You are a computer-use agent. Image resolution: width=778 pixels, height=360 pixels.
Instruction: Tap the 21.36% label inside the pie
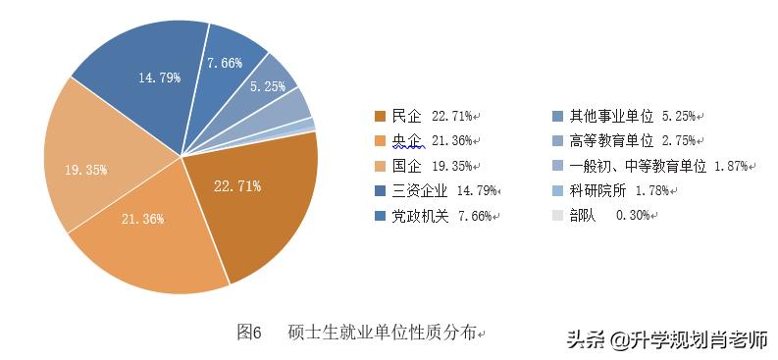(144, 219)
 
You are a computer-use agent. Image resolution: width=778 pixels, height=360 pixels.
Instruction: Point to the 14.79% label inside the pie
(159, 77)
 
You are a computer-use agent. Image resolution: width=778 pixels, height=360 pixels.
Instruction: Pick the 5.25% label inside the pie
(268, 86)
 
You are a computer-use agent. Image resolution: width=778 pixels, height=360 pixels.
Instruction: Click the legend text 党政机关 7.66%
(442, 216)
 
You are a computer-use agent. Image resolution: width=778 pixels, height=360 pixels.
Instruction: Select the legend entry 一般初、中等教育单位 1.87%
(648, 166)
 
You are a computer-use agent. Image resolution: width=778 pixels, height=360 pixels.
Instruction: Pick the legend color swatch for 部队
(558, 216)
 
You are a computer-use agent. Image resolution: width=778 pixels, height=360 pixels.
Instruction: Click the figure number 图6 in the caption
(249, 333)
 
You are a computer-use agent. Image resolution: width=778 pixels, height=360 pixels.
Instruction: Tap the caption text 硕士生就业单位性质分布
(382, 333)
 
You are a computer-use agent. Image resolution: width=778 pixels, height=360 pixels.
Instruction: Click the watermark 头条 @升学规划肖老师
(667, 339)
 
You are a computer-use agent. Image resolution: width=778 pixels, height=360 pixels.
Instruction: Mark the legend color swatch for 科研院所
(558, 190)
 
